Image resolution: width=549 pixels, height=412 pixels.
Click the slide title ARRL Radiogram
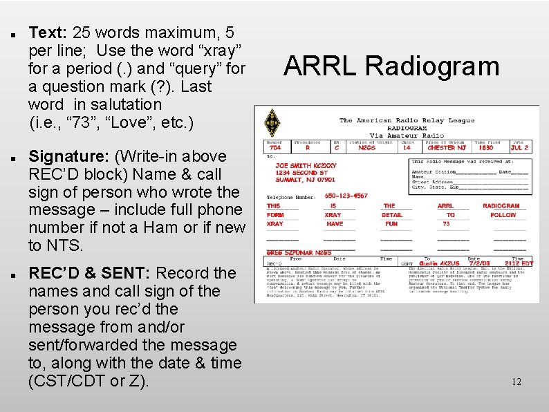coord(391,66)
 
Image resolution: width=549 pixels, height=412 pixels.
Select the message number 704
coord(275,148)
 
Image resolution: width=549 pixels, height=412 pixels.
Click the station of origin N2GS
coord(367,148)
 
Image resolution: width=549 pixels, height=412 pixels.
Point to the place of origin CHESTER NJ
coord(446,148)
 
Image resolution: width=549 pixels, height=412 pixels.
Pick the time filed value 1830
coord(485,148)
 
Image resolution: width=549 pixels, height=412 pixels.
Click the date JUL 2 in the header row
coord(519,148)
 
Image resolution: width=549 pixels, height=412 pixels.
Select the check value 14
coord(407,148)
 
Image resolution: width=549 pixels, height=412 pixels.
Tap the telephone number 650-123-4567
coord(346,196)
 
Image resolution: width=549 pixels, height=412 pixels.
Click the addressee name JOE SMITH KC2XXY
coord(306,166)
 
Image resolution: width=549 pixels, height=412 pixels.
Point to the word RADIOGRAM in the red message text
coord(501,206)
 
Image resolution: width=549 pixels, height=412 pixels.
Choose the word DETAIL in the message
coord(392,215)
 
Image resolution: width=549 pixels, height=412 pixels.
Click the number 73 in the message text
coord(446,224)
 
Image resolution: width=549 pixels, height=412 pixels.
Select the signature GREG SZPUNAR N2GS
coord(299,253)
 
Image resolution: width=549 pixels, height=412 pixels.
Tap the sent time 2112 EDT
coord(518,263)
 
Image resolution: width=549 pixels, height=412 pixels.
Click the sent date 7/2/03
coord(479,263)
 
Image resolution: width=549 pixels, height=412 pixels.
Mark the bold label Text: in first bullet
coord(47,32)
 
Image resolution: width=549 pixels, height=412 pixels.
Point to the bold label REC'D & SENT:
coord(88,273)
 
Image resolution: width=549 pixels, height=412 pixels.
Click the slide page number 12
coord(516,382)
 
